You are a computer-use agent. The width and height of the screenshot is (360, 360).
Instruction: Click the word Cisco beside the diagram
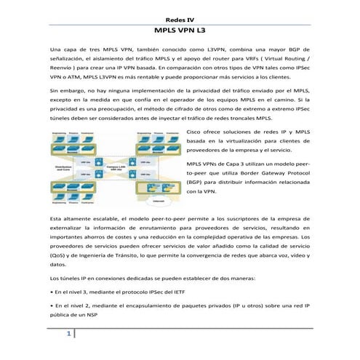(199, 131)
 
